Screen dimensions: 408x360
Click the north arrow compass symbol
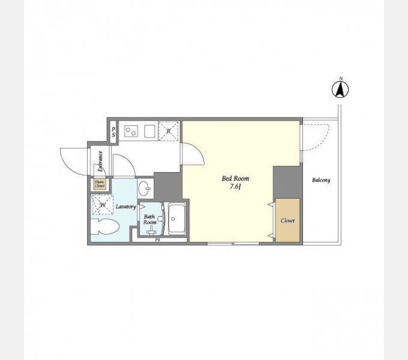tap(340, 90)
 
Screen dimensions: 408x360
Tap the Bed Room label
tap(235, 178)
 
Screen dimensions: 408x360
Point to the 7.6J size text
tap(235, 187)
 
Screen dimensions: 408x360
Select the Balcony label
tap(321, 180)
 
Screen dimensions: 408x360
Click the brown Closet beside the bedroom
tap(287, 220)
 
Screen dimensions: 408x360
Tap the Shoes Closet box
tap(100, 184)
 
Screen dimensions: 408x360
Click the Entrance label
tap(100, 161)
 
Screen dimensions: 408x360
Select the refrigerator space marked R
tap(169, 131)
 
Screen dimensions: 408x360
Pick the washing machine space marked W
tap(102, 205)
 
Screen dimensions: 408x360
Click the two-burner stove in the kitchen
tap(130, 131)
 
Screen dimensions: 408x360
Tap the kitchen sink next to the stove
tap(149, 131)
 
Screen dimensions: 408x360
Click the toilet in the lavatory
tap(105, 226)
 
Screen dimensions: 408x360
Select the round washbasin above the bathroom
tap(144, 188)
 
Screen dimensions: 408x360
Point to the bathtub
tap(177, 219)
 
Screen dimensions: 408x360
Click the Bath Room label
tap(149, 219)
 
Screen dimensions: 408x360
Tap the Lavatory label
tap(126, 206)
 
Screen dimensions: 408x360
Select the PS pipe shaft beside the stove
tap(113, 132)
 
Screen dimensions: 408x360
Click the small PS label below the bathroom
tap(157, 241)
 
